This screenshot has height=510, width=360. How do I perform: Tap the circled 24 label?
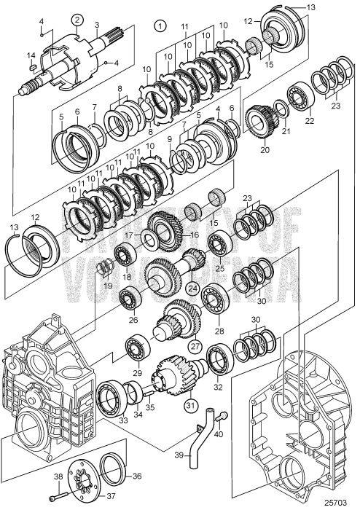193,287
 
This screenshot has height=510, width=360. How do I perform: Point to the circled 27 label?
195,347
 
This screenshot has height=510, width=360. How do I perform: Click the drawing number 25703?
337,501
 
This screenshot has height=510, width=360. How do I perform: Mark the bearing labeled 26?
132,299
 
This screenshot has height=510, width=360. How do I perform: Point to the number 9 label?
169,139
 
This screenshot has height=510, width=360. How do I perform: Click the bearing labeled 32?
221,358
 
